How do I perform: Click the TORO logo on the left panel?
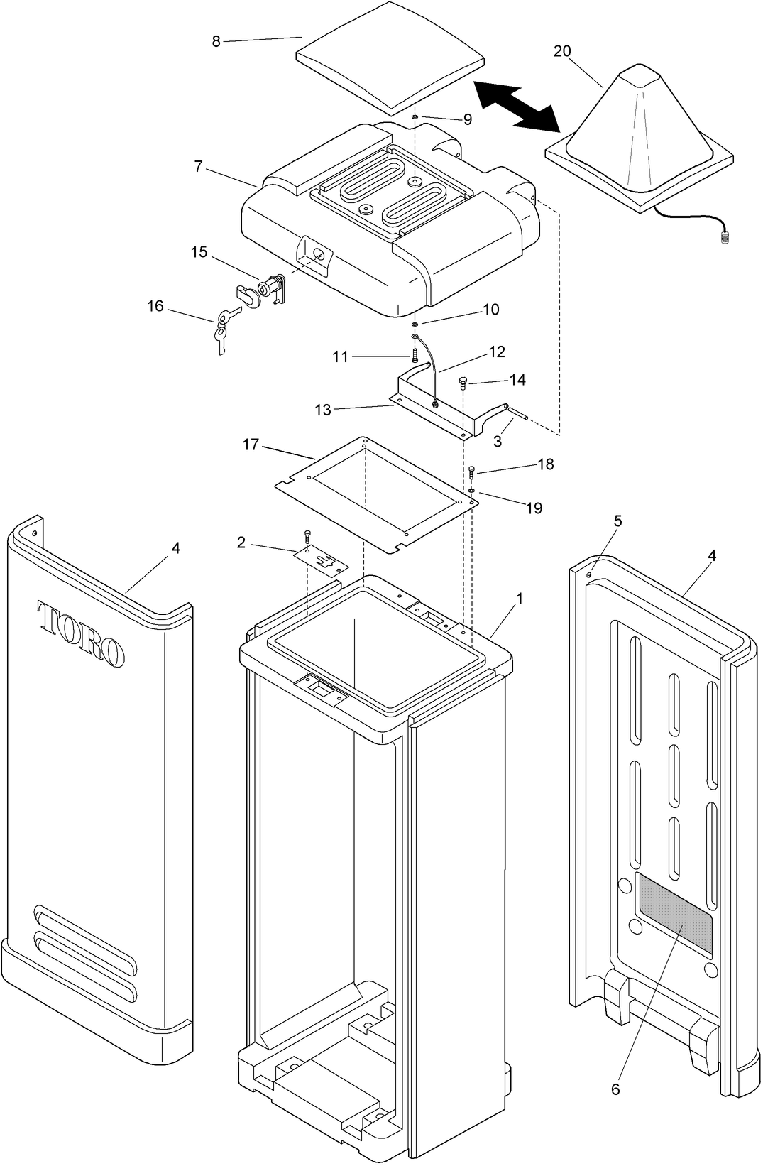coord(80,633)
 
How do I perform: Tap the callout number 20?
coord(561,51)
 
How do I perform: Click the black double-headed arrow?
coord(517,107)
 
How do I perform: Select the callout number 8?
coord(216,41)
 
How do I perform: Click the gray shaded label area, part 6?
coord(674,912)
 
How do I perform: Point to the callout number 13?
coord(323,410)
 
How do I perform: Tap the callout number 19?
coord(534,508)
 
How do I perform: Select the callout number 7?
coord(198,167)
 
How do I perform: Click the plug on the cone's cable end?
coord(724,239)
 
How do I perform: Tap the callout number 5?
coord(618,521)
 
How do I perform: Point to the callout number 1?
coord(520,599)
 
